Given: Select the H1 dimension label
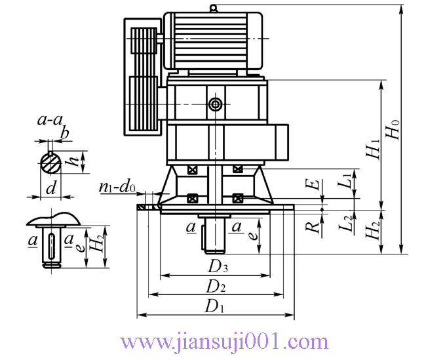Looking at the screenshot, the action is coord(374,149).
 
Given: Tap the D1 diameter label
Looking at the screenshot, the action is coord(214,306).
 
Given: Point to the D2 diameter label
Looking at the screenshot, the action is coord(216,287).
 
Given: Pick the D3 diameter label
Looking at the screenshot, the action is coord(218,266).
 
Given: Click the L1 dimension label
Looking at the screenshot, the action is coord(345,181).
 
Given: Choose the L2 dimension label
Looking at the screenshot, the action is coord(346,224).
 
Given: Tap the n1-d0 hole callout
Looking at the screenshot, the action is coord(117,187).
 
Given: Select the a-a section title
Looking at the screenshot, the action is coord(50,120).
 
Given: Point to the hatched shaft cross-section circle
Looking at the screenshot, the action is coord(51,163).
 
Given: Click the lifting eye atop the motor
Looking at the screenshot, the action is coord(214,8).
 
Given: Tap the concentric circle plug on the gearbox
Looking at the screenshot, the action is coord(216,104).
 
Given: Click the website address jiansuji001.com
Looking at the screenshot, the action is coord(224,342).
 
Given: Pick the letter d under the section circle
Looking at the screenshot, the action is coord(51,188).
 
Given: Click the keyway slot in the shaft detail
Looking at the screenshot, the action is coord(51,246).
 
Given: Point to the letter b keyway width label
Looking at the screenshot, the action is coord(65,133).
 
